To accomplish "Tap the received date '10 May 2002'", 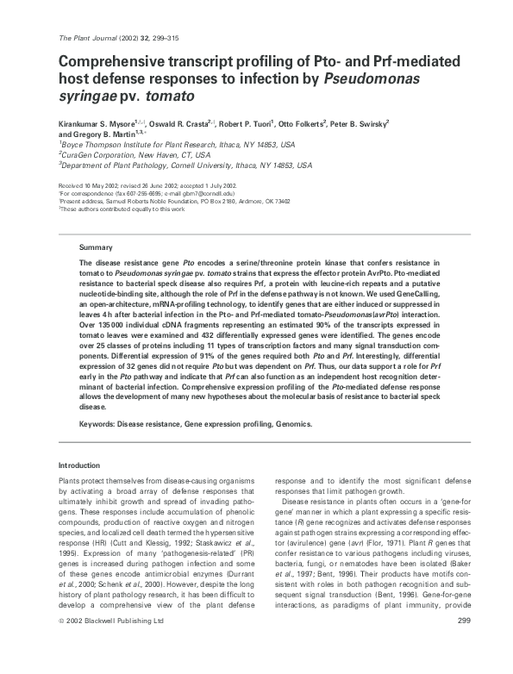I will tap(107, 185).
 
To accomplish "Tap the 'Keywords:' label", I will tap(100, 424).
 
